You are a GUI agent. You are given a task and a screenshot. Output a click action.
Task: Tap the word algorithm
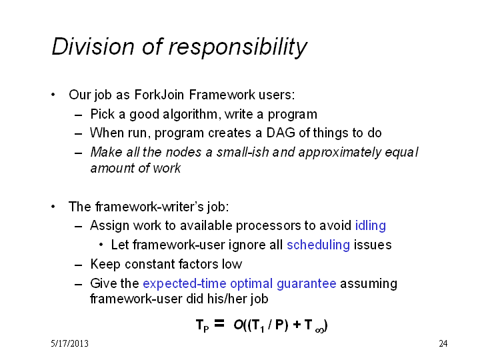pos(190,114)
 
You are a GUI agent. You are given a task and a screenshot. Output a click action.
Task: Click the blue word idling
pos(371,225)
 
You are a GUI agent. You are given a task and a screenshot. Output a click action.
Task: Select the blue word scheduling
pos(319,245)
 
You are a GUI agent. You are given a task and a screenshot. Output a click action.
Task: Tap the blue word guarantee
pos(307,284)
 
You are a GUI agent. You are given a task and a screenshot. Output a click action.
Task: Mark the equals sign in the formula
pos(219,323)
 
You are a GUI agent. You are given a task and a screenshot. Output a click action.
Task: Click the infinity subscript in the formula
pos(319,330)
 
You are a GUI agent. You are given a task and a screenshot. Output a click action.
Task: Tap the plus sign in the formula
pos(297,325)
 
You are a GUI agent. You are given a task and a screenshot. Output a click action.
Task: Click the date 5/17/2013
pos(70,344)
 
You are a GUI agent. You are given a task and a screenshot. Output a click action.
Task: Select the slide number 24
pos(443,344)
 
